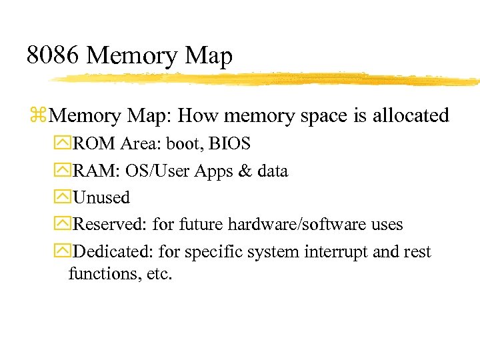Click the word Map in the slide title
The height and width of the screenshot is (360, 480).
(209, 56)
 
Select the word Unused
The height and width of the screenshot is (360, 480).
(101, 197)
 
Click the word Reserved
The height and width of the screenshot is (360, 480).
(109, 225)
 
